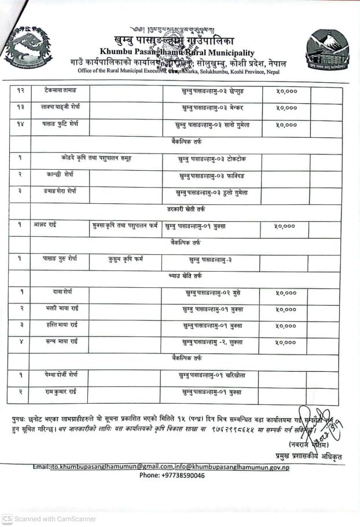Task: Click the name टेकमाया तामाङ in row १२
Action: (60, 91)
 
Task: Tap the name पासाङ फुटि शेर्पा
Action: (60, 124)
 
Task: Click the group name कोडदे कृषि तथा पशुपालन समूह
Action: (95, 158)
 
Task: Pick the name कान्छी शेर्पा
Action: (60, 174)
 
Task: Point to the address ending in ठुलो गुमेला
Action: (211, 192)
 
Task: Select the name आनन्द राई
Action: (46, 225)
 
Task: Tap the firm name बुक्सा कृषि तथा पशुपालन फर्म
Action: (124, 226)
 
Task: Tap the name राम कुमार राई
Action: (61, 392)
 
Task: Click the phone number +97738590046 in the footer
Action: (172, 475)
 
